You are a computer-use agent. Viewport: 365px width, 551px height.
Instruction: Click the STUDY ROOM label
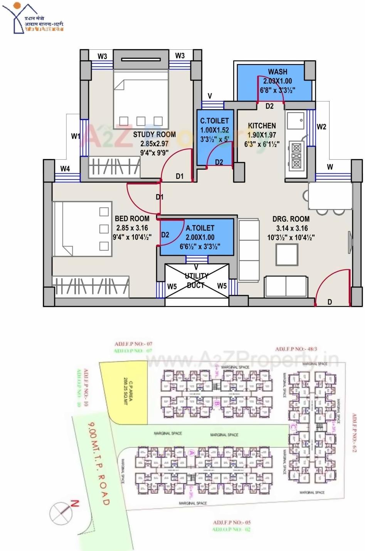(x=155, y=135)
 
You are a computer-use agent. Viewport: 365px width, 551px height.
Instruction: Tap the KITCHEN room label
(x=262, y=126)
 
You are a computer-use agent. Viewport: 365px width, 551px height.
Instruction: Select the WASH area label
(x=278, y=72)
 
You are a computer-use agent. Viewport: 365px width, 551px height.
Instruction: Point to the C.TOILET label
(x=214, y=121)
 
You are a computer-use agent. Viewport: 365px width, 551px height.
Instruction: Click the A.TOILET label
(x=200, y=228)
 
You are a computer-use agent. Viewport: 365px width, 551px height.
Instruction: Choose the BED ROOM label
(x=132, y=218)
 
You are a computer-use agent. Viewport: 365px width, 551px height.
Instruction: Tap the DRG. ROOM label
(x=291, y=219)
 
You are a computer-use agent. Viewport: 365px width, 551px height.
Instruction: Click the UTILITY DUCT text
(x=197, y=281)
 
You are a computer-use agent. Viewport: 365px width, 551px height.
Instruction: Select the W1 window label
(x=76, y=136)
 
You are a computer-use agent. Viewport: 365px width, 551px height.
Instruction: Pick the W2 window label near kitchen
(x=321, y=127)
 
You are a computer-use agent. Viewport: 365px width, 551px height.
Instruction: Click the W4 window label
(x=65, y=169)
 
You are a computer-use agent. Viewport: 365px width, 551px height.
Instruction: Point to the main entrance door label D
(x=330, y=302)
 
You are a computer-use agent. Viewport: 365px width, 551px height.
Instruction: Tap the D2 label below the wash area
(x=269, y=106)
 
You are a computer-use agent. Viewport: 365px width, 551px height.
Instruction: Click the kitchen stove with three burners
(x=296, y=155)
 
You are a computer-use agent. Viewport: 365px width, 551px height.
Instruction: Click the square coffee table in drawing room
(x=287, y=254)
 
